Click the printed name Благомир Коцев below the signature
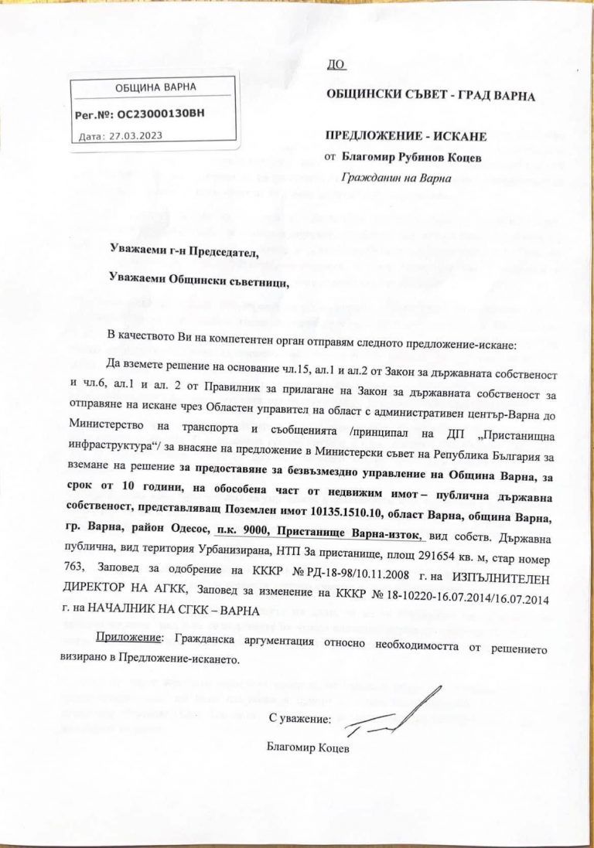click(x=306, y=747)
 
